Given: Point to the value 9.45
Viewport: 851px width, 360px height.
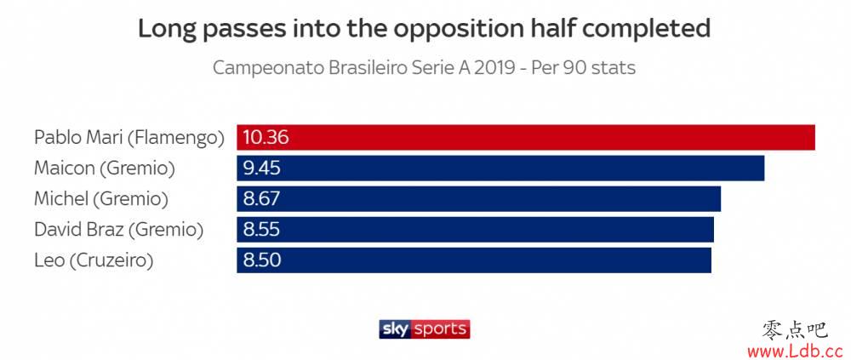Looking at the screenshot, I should [x=262, y=168].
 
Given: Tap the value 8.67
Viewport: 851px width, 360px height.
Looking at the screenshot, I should [x=262, y=198].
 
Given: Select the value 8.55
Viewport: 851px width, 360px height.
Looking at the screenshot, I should [x=262, y=229].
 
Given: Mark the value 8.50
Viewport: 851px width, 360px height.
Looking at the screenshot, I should [x=262, y=260].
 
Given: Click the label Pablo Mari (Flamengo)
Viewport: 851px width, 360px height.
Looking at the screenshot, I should [x=129, y=138].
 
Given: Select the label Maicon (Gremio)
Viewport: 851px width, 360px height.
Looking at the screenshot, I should [x=105, y=169].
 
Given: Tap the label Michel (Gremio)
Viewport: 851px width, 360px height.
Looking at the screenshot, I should [x=101, y=199].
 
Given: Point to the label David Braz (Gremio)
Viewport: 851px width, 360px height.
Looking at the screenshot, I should [x=119, y=230].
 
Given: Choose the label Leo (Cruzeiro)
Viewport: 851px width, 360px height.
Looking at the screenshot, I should [x=94, y=260].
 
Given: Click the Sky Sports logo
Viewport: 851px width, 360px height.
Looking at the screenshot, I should [x=424, y=329].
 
